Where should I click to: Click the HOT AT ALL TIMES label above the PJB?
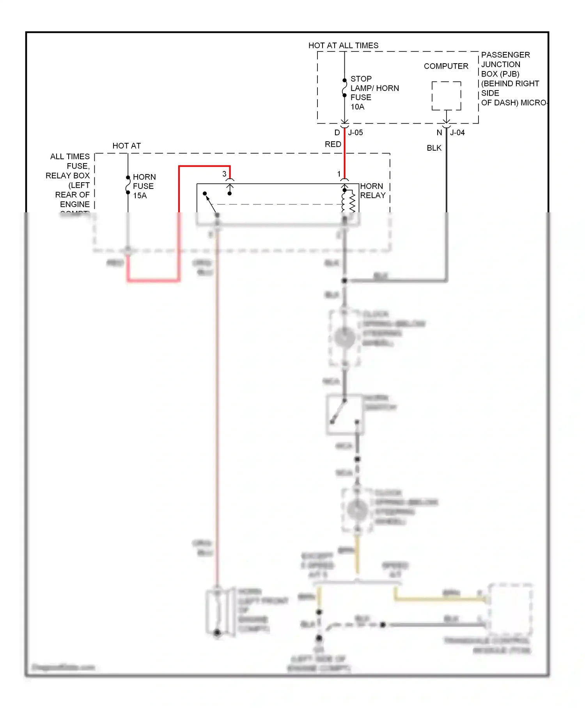click(343, 46)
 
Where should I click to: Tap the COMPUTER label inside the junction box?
click(446, 66)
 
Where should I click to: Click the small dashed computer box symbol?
click(446, 96)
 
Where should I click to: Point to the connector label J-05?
click(355, 133)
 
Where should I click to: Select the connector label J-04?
click(457, 133)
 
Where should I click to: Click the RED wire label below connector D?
click(333, 144)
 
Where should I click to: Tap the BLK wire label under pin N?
click(434, 148)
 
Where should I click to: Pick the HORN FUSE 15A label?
click(144, 186)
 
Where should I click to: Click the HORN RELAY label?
click(372, 191)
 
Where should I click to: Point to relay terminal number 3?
click(224, 174)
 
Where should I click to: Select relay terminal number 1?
click(339, 174)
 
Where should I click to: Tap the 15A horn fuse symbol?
click(128, 185)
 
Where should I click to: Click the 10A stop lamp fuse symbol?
click(344, 88)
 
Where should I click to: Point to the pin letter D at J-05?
click(337, 133)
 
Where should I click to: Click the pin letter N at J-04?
click(439, 133)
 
